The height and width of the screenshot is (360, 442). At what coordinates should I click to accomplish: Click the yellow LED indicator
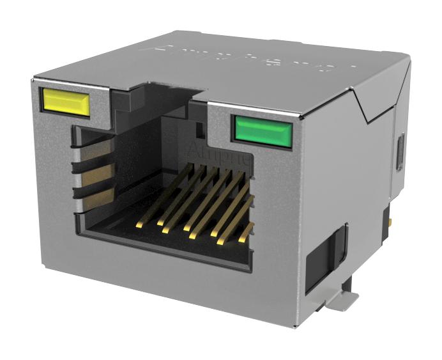[x=65, y=102]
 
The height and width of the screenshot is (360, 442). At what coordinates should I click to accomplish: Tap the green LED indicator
[x=263, y=130]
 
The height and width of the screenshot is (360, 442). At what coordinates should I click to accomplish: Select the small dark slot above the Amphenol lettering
[x=199, y=130]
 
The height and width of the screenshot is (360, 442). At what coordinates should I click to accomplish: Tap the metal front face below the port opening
[x=160, y=281]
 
